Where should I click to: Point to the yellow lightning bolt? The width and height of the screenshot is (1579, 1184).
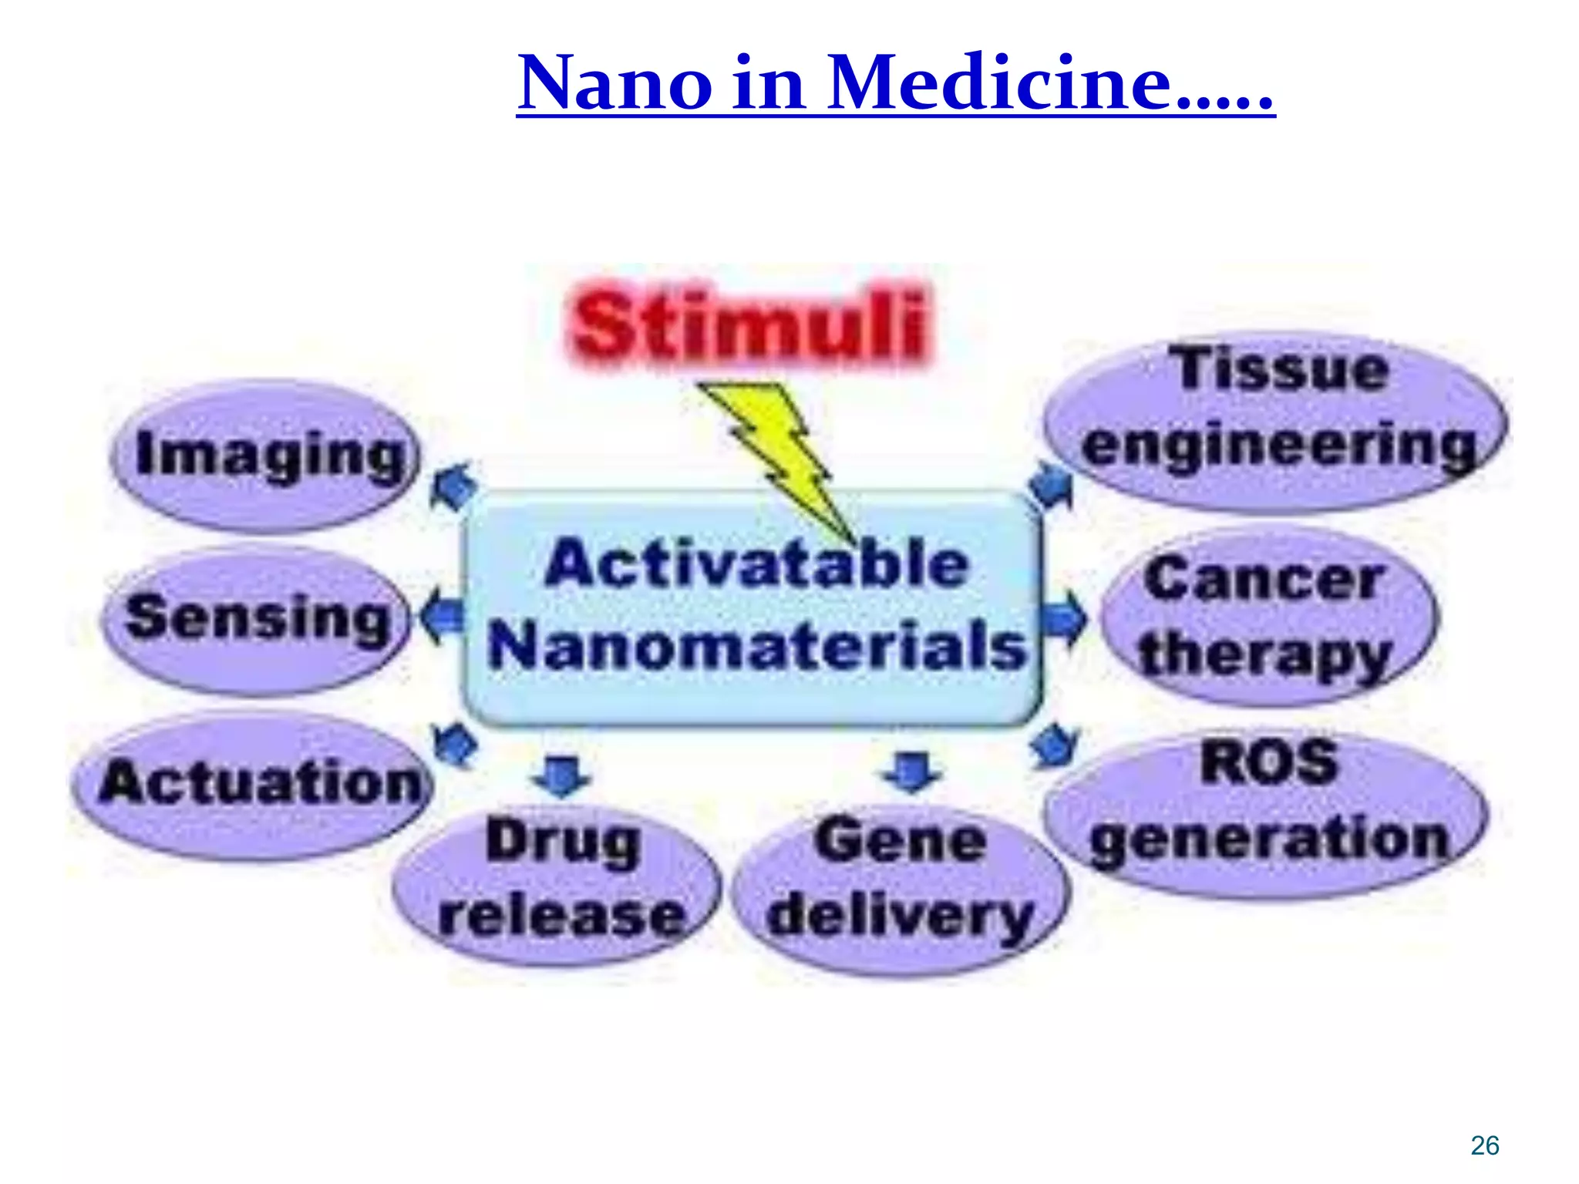(x=779, y=455)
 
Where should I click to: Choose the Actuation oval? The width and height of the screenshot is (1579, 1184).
(x=254, y=785)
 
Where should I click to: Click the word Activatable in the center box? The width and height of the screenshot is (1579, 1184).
(x=756, y=564)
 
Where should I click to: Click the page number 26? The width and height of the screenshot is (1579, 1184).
(x=1484, y=1145)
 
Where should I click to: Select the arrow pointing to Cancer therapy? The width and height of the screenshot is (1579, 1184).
(x=1064, y=619)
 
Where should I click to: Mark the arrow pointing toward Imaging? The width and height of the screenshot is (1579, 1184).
(x=453, y=483)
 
